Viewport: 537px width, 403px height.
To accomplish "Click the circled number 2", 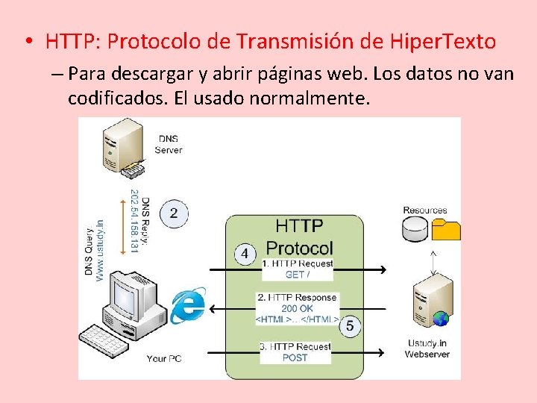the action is click(173, 213).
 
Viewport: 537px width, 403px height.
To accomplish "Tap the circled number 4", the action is click(245, 254).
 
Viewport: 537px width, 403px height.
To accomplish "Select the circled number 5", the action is click(350, 326).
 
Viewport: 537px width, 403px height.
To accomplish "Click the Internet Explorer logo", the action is click(188, 305).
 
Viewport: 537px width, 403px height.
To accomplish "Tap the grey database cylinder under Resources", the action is click(415, 230).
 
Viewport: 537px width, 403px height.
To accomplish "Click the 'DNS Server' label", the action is click(169, 144).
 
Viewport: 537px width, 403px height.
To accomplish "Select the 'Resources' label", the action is click(425, 210).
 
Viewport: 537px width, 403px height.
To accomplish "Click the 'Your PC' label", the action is click(164, 359).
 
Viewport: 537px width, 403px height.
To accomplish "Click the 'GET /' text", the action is click(297, 275).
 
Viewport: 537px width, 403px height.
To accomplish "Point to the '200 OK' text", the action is click(297, 308).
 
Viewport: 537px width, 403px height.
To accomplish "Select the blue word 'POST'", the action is click(295, 357).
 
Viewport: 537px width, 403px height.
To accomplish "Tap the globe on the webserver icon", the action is click(441, 319).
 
